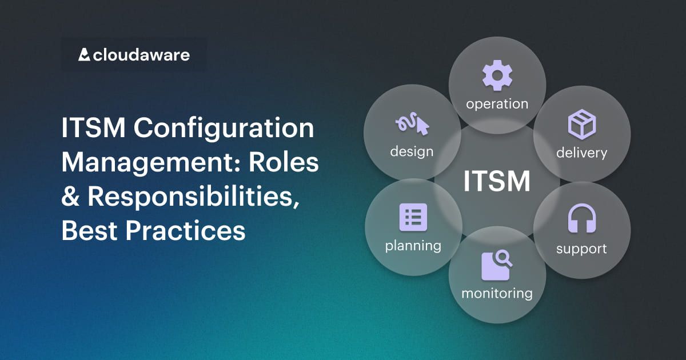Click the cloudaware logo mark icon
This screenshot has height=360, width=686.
coord(84,55)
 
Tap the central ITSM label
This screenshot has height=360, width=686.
coord(497,182)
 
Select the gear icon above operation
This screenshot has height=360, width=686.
coord(497,76)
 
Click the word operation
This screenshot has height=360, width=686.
coord(497,104)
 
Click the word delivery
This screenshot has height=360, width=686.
coord(581,153)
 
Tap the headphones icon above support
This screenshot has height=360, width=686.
coord(581,219)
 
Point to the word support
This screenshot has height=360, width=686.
coord(581,249)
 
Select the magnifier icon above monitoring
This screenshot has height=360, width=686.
coord(496,266)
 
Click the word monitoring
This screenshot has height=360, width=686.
coord(497,293)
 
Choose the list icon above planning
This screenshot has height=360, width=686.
coord(413,217)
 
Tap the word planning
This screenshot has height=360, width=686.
coord(413,246)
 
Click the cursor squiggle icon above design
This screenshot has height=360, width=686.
coord(412,125)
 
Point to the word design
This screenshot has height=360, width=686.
coord(412,151)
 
